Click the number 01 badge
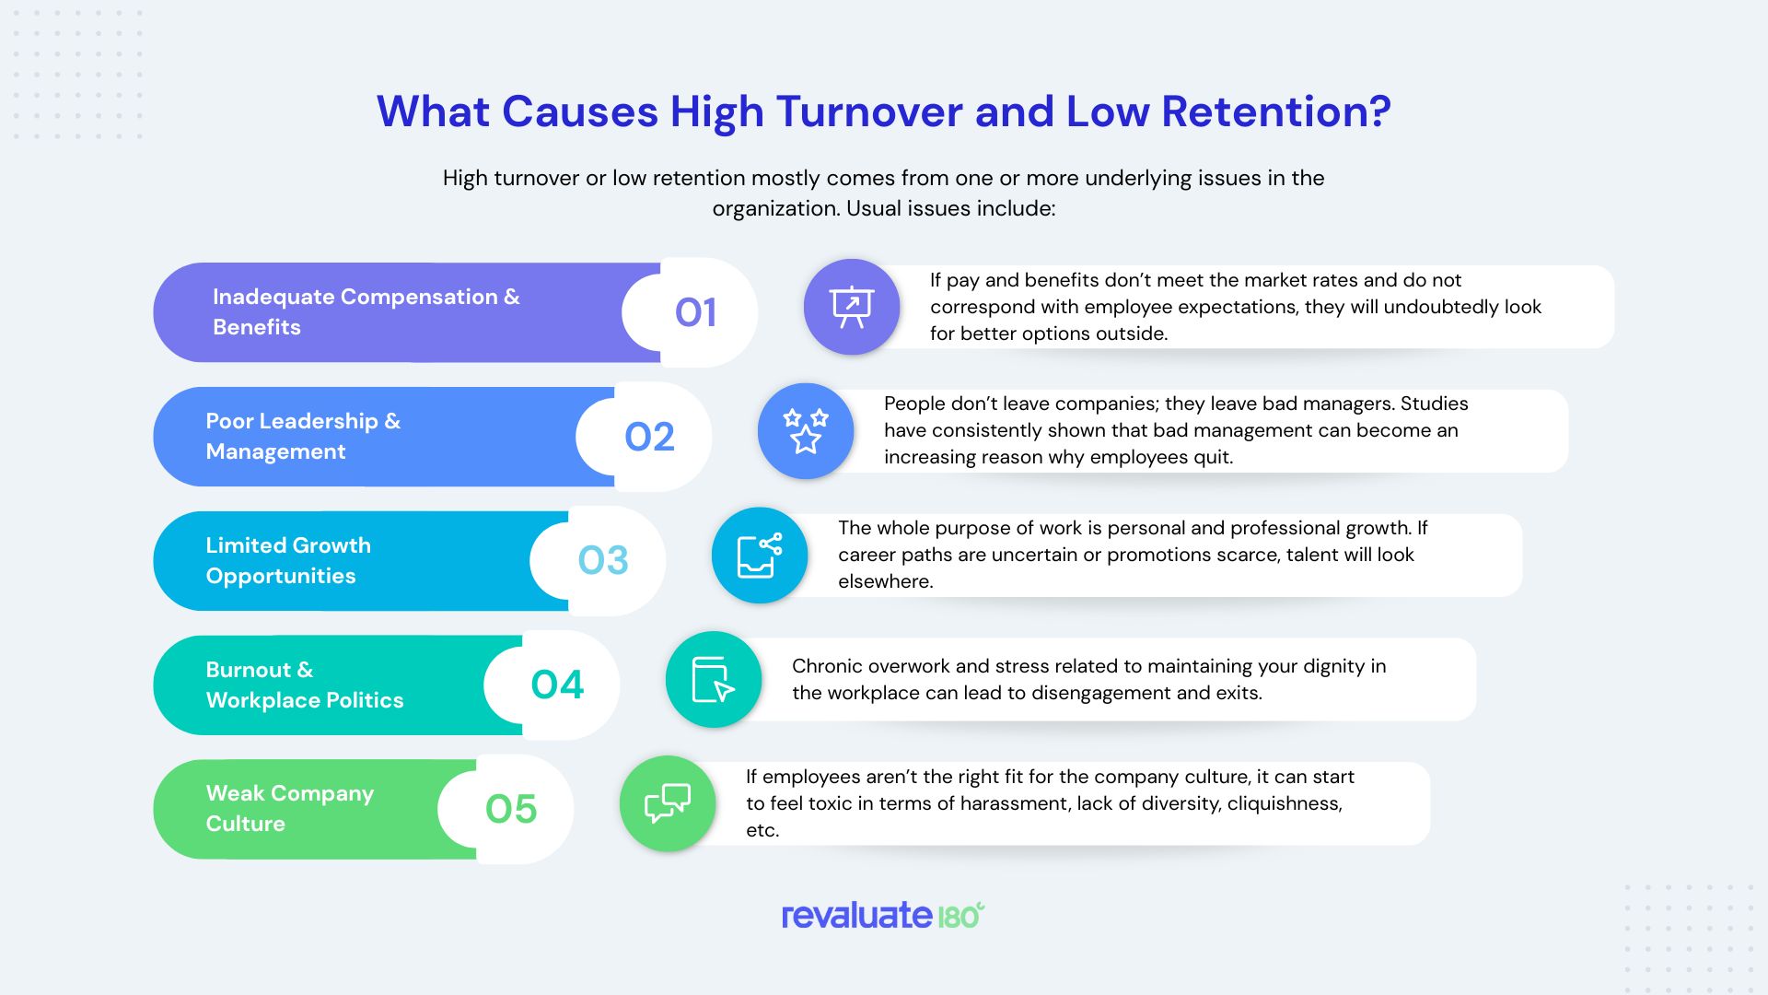point(695,312)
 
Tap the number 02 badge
point(649,437)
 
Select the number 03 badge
point(603,560)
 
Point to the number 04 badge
point(557,685)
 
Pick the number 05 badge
point(511,809)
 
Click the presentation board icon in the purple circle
point(852,307)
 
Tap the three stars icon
point(806,431)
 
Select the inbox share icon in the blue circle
point(760,556)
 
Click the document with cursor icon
point(714,680)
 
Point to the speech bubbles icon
point(668,803)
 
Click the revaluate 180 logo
point(883,915)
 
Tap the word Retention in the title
point(1275,111)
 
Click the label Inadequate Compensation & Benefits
point(366,311)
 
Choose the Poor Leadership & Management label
point(303,436)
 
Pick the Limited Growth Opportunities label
point(288,560)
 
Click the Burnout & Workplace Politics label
point(304,685)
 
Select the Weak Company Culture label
point(289,808)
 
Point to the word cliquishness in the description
point(1284,803)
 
